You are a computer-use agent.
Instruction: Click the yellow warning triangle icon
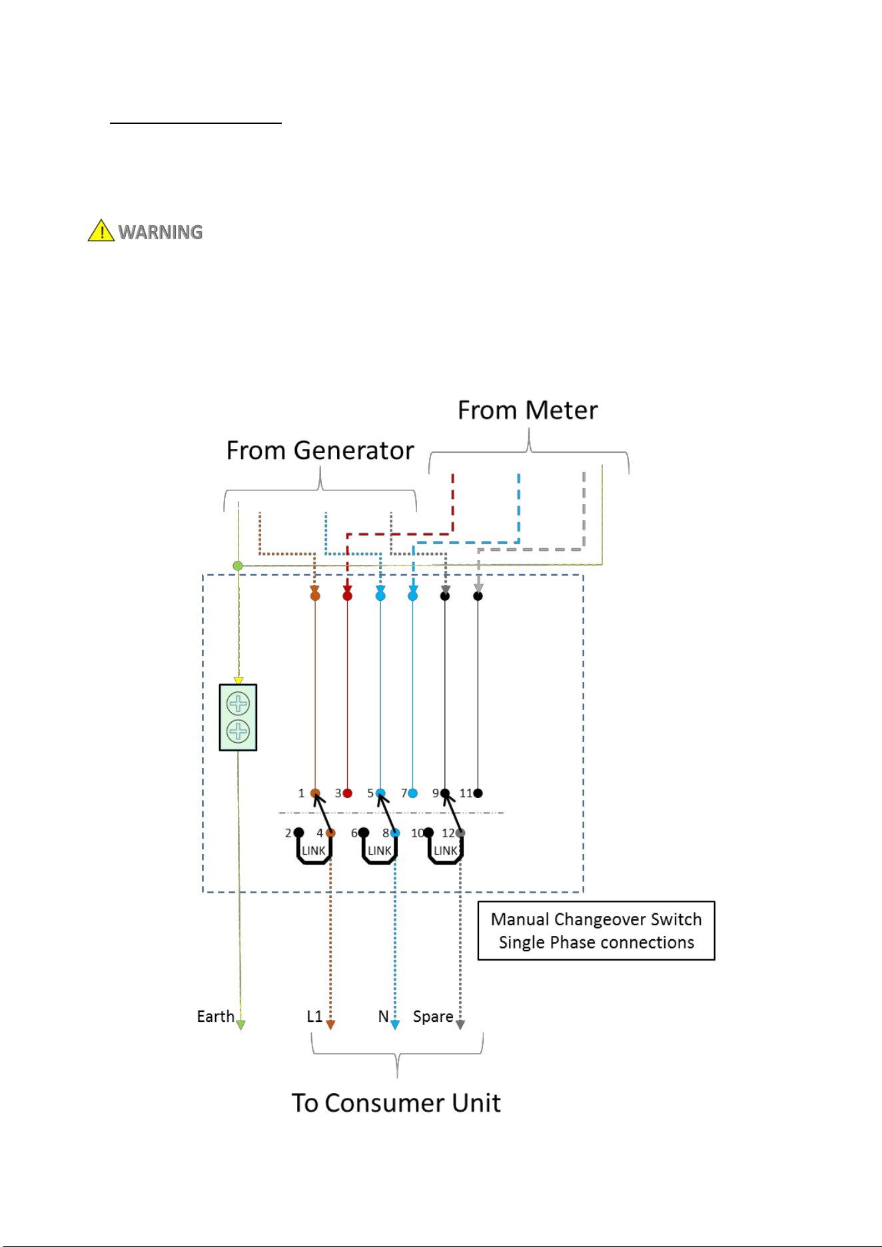[x=101, y=230]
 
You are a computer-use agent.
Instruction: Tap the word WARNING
[x=161, y=232]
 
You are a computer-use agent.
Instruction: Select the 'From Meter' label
[x=528, y=410]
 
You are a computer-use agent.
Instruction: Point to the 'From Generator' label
[x=320, y=451]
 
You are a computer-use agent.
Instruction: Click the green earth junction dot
[x=238, y=566]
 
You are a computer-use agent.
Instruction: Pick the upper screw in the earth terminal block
[x=238, y=703]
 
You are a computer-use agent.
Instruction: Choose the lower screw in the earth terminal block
[x=238, y=731]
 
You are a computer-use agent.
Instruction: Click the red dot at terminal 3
[x=347, y=793]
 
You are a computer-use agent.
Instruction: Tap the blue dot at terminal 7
[x=413, y=793]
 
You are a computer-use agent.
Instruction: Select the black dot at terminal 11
[x=478, y=793]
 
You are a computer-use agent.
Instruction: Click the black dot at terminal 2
[x=299, y=833]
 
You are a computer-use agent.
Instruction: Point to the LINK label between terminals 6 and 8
[x=380, y=851]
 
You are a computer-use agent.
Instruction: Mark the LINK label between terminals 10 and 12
[x=446, y=851]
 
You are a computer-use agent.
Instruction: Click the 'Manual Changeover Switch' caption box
[x=596, y=931]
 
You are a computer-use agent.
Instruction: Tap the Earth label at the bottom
[x=215, y=1017]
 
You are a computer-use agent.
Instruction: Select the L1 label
[x=314, y=1017]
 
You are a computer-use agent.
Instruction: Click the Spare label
[x=433, y=1017]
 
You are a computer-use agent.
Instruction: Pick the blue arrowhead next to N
[x=395, y=1025]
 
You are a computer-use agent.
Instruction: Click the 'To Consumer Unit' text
[x=396, y=1103]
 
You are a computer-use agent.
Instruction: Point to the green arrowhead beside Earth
[x=241, y=1025]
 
